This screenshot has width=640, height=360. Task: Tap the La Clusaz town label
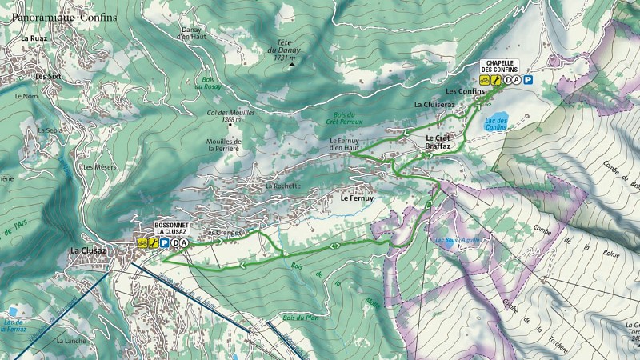(87, 250)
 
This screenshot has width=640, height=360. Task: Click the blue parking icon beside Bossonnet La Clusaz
(163, 243)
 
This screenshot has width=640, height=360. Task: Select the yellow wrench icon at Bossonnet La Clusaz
(153, 243)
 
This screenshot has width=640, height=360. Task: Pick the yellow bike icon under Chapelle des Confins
(485, 80)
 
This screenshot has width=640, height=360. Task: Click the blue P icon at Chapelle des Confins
(529, 80)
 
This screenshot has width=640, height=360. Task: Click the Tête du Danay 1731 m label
(282, 50)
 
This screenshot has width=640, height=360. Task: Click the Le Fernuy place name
(357, 198)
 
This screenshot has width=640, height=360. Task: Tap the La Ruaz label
(34, 38)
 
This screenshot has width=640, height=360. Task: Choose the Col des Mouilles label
(231, 115)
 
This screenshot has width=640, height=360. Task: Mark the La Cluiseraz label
(434, 105)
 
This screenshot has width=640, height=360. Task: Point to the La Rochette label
(283, 186)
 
